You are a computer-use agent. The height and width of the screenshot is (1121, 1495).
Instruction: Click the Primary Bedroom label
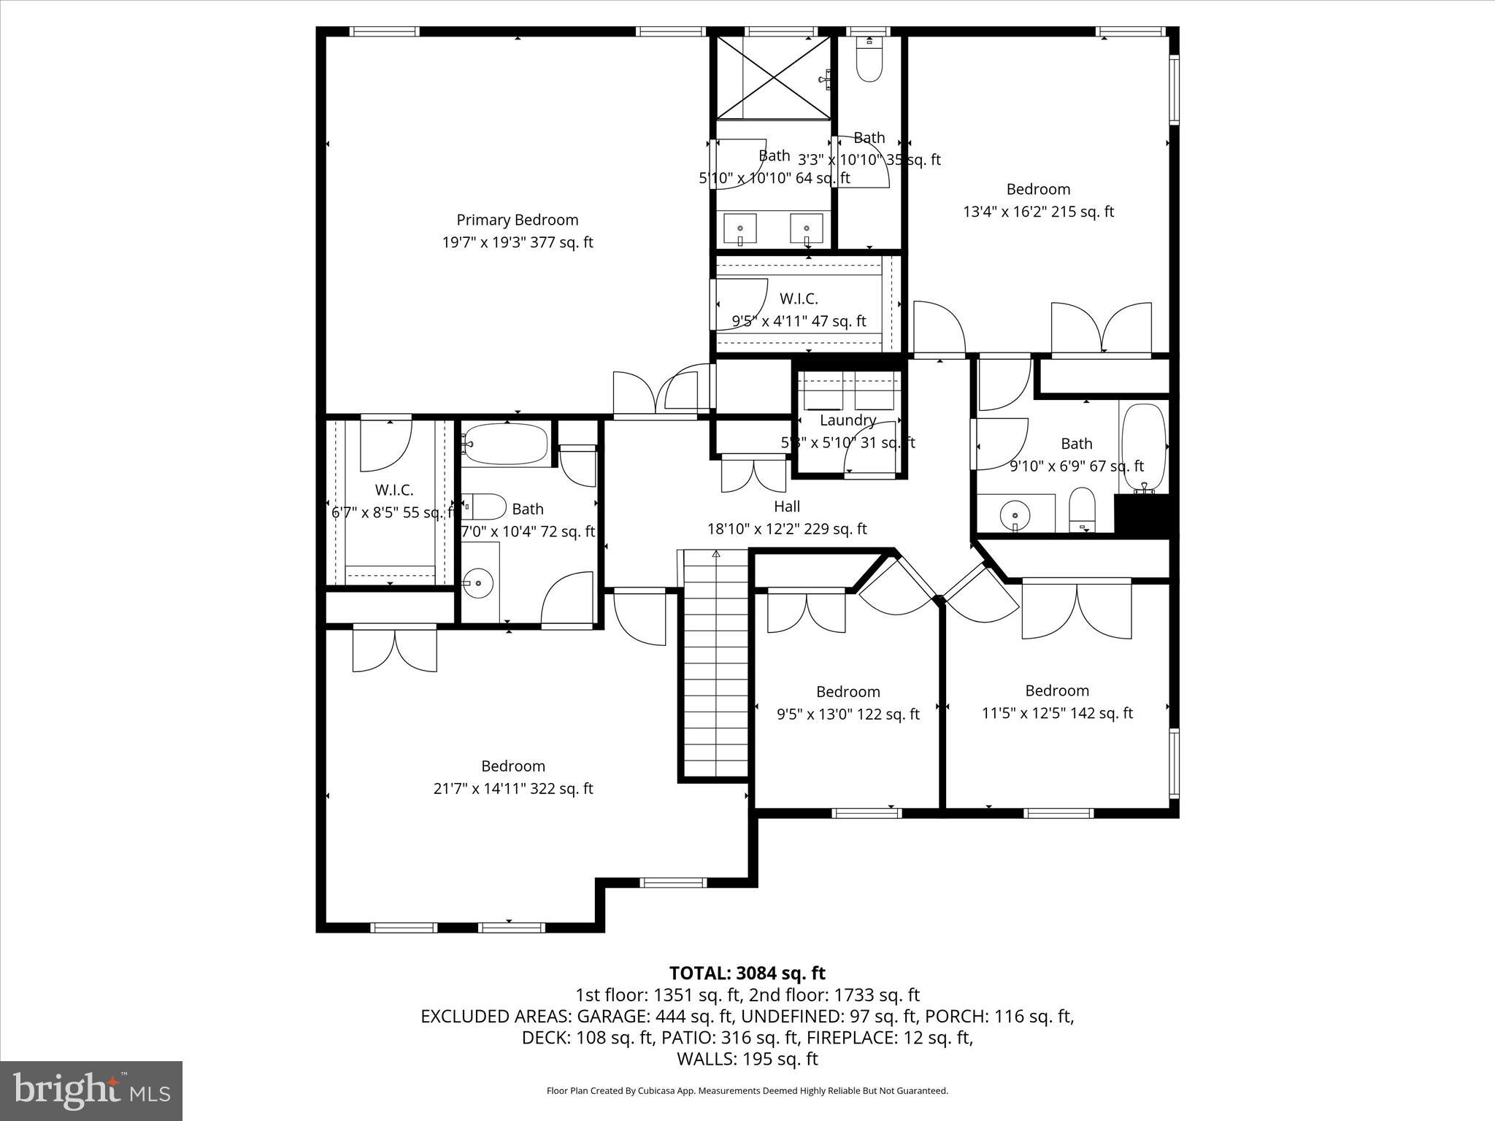pos(517,220)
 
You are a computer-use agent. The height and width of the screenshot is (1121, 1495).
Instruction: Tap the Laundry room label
pos(847,420)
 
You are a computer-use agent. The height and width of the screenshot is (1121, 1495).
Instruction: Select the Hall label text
pos(787,506)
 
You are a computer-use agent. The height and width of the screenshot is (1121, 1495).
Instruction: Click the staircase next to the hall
pos(715,664)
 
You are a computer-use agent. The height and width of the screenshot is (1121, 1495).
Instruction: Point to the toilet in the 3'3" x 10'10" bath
pos(869,64)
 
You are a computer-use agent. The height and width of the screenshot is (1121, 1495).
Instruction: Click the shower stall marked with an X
pos(773,77)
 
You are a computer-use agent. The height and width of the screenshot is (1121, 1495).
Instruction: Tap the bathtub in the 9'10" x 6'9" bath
pos(1143,447)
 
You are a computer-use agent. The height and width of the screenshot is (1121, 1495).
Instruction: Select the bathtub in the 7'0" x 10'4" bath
pos(505,444)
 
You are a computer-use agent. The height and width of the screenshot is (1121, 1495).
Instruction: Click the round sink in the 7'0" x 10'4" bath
pos(478,583)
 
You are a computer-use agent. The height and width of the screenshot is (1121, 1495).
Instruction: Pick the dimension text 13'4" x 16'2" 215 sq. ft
pos(1038,212)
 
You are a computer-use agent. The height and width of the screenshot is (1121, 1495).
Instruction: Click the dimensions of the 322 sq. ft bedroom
pos(512,788)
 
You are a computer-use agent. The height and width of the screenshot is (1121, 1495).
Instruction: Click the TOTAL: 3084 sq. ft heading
pos(747,973)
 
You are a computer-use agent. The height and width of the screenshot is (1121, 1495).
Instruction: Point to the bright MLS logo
pos(91,1091)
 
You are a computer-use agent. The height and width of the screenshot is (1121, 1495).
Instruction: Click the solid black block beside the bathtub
pos(1142,516)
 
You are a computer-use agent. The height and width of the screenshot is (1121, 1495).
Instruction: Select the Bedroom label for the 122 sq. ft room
pos(848,691)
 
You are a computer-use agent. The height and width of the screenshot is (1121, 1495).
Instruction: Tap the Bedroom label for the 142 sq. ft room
pos(1056,690)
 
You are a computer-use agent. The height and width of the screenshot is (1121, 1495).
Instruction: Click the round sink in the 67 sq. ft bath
pos(1015,515)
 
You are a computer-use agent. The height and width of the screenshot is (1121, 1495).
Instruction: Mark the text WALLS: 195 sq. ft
pos(747,1058)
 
